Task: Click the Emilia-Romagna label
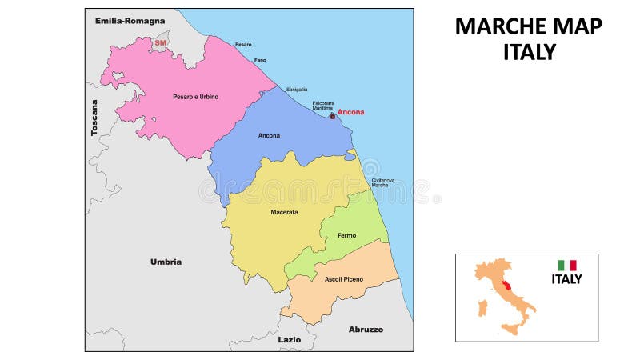pyautogui.click(x=130, y=20)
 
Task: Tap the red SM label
pyautogui.click(x=161, y=42)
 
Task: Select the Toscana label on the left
pyautogui.click(x=94, y=118)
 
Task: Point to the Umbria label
pyautogui.click(x=166, y=262)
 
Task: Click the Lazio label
pyautogui.click(x=290, y=339)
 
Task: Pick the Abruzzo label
pyautogui.click(x=366, y=329)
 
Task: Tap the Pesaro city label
pyautogui.click(x=243, y=45)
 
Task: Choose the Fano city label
pyautogui.click(x=260, y=60)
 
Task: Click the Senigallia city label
pyautogui.click(x=297, y=90)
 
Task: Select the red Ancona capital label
pyautogui.click(x=350, y=112)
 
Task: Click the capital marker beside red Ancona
pyautogui.click(x=333, y=116)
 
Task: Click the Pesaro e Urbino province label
pyautogui.click(x=195, y=97)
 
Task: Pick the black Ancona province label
pyautogui.click(x=269, y=135)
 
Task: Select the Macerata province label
pyautogui.click(x=284, y=212)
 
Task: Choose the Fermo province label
pyautogui.click(x=346, y=235)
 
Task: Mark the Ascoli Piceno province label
pyautogui.click(x=344, y=278)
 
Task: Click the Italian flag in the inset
pyautogui.click(x=567, y=265)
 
